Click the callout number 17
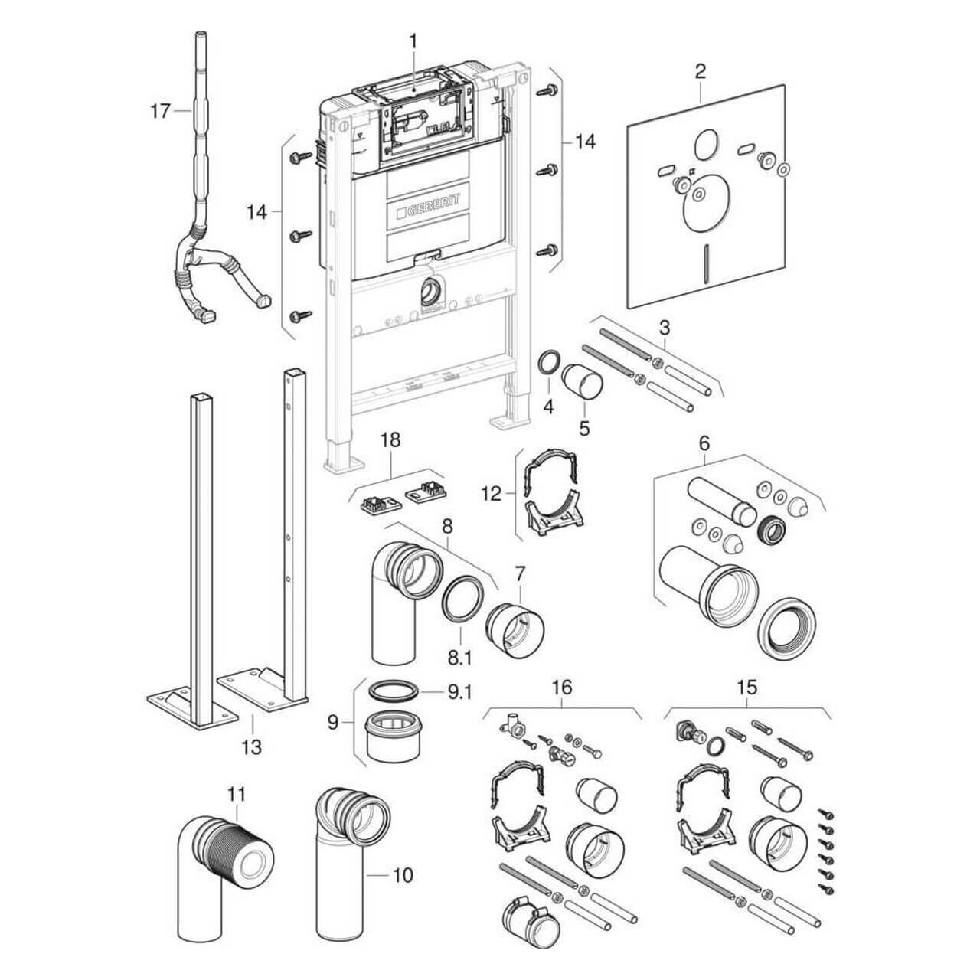[x=159, y=111]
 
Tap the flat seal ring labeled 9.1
[x=394, y=691]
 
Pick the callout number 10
[x=403, y=874]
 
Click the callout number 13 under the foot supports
[x=251, y=746]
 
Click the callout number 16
[x=562, y=687]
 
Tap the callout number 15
[x=747, y=687]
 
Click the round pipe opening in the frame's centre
[x=431, y=292]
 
